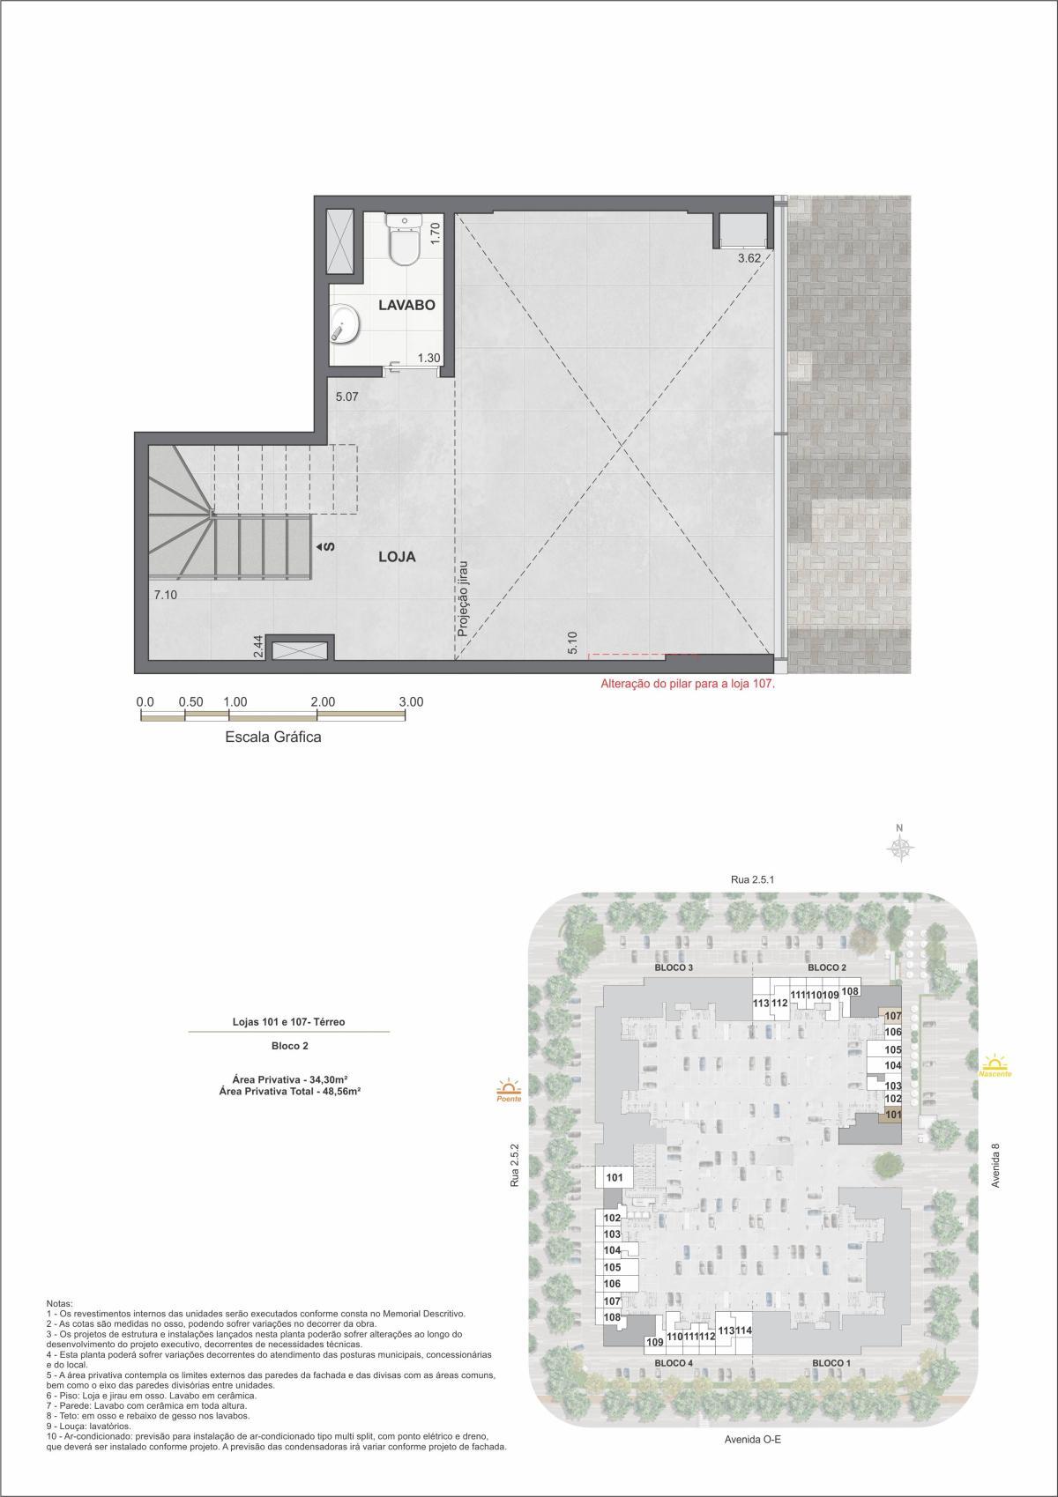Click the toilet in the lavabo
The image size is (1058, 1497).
pos(406,240)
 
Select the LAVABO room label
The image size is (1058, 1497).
pos(406,306)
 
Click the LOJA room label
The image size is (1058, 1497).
pos(396,557)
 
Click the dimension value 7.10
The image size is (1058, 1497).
pos(166,596)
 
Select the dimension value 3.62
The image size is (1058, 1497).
pos(749,259)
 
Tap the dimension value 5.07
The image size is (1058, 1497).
pos(347,397)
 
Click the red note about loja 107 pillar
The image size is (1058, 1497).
pos(687,683)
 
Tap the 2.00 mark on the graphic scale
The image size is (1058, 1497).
pos(323,702)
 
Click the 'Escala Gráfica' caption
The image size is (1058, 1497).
pos(273,737)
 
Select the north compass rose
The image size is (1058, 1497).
pos(900,847)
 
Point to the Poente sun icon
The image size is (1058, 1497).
pos(509,1088)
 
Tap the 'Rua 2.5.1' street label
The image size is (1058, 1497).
pos(752,879)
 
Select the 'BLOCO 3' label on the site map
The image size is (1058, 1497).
pos(674,967)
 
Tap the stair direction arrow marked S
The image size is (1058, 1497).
pos(328,547)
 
